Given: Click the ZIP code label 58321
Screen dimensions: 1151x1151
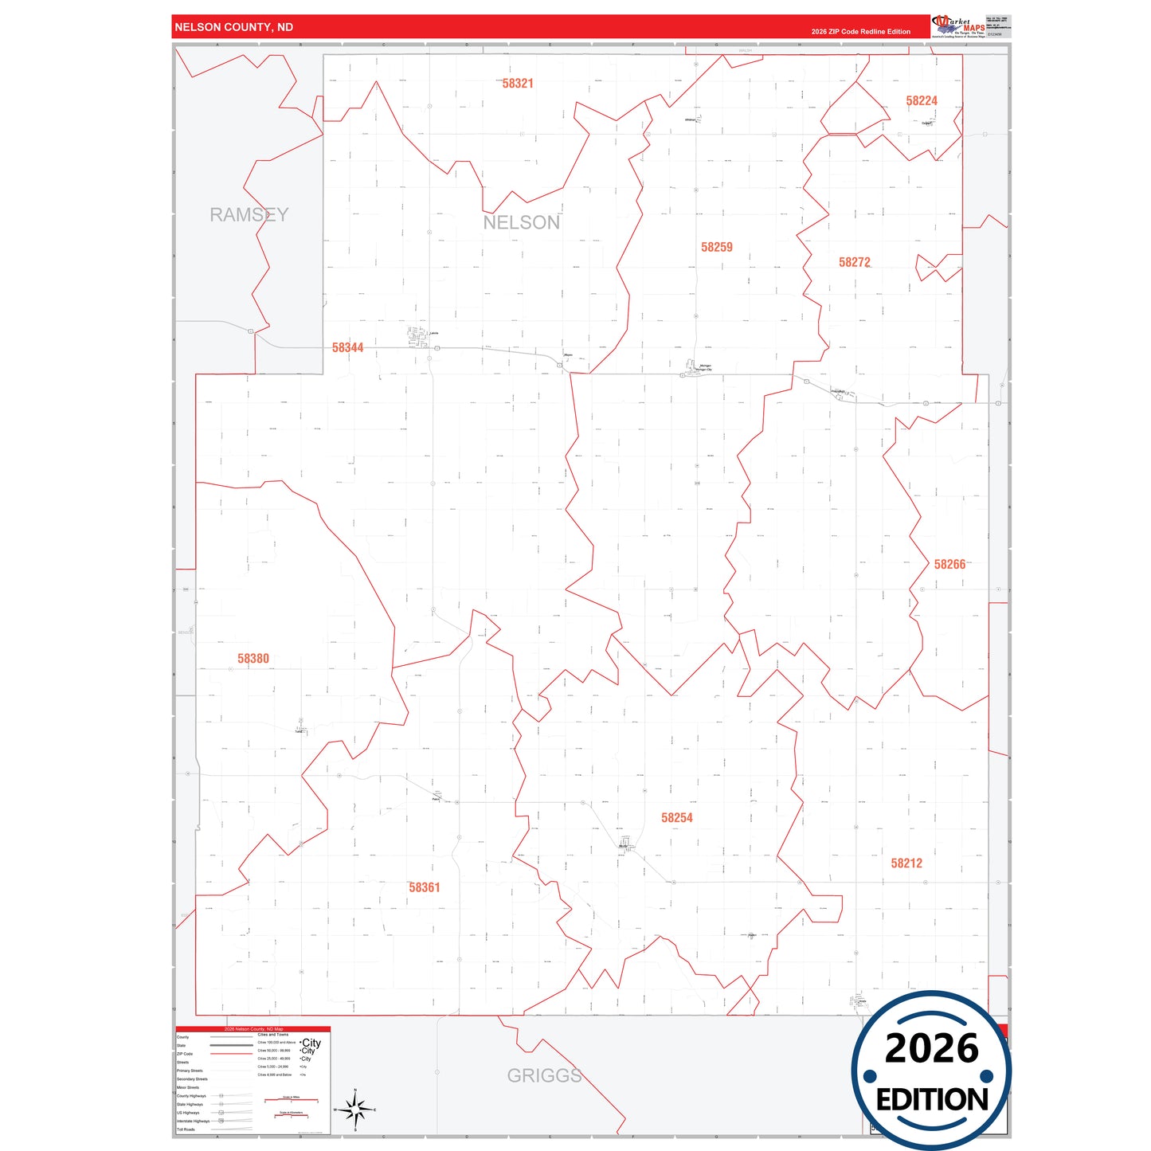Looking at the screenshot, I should click(518, 84).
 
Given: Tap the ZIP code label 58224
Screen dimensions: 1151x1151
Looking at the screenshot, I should click(921, 101).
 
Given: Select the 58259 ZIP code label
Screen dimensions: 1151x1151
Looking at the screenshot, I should click(716, 248).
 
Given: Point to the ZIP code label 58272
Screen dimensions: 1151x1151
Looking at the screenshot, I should click(854, 263).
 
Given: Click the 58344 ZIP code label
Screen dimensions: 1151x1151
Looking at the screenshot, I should click(347, 348).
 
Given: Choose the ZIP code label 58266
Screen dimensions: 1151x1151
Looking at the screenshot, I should click(949, 565).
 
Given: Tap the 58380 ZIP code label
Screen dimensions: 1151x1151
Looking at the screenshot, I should click(253, 659).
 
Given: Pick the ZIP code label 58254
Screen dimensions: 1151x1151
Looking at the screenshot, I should click(676, 818).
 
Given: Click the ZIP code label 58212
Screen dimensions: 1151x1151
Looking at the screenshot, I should click(906, 863).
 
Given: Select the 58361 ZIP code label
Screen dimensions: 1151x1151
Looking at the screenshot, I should click(424, 887).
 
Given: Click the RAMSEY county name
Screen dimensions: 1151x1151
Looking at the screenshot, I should click(249, 215).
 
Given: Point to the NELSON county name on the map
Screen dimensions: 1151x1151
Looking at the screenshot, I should click(521, 223).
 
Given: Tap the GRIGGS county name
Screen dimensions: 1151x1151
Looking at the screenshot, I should click(544, 1076).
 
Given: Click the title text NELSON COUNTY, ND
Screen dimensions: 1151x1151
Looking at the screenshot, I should click(233, 27).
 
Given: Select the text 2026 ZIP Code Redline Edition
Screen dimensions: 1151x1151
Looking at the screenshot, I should click(860, 32).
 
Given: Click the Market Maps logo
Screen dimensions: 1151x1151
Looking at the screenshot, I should click(958, 26).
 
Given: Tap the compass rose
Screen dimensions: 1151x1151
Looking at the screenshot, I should click(355, 1109).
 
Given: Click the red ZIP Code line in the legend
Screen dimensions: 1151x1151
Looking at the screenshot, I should click(231, 1054).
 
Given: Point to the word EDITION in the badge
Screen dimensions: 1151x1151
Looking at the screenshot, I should click(931, 1100).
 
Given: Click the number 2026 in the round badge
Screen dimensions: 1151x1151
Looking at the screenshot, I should click(931, 1049).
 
